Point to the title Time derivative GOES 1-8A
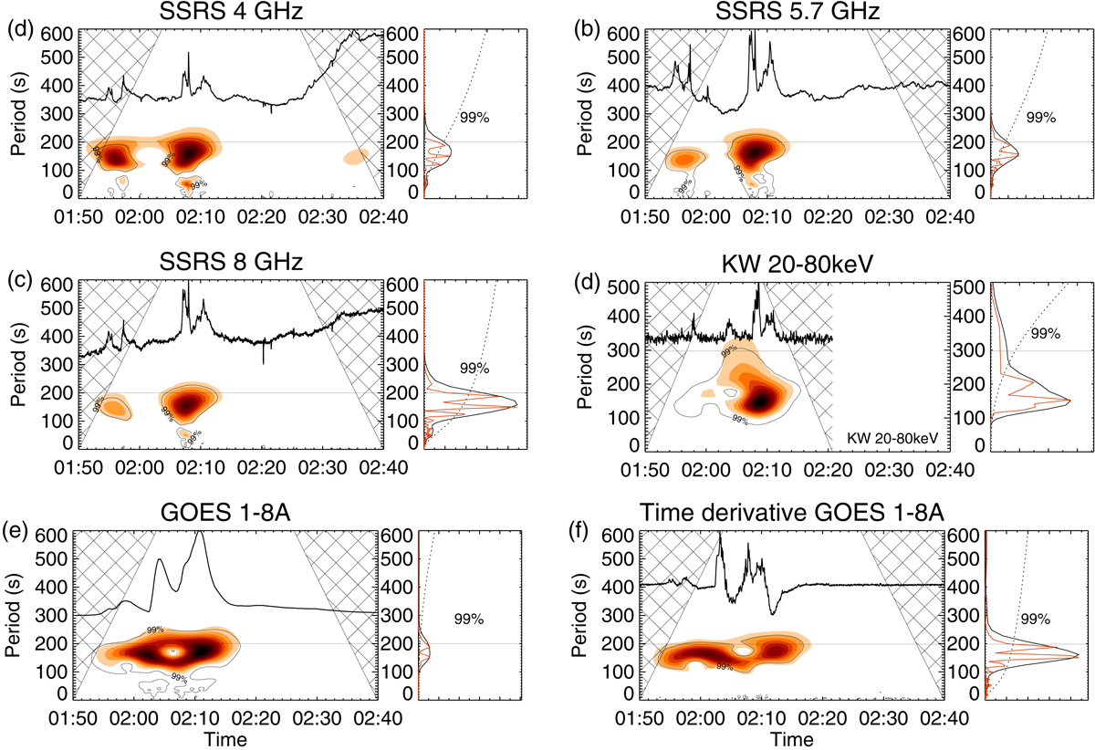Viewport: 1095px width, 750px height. [x=791, y=513]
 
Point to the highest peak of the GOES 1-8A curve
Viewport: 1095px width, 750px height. [x=200, y=532]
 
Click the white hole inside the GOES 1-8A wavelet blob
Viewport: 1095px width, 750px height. [x=169, y=651]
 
